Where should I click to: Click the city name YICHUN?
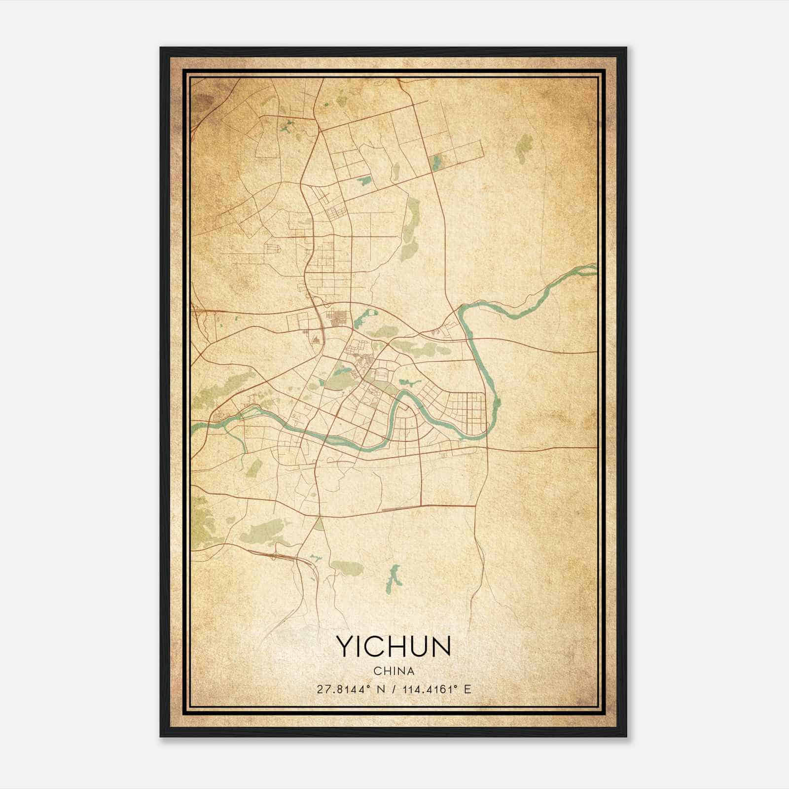(394, 646)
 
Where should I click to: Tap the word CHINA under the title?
(394, 671)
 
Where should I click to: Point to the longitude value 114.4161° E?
(436, 689)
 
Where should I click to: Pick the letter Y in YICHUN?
(344, 646)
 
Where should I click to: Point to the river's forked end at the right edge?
(589, 269)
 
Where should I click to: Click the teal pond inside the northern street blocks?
(364, 180)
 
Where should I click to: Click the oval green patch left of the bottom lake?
(348, 568)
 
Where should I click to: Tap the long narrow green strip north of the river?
(410, 224)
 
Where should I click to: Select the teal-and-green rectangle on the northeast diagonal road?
(436, 162)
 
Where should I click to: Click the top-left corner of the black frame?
(162, 49)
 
